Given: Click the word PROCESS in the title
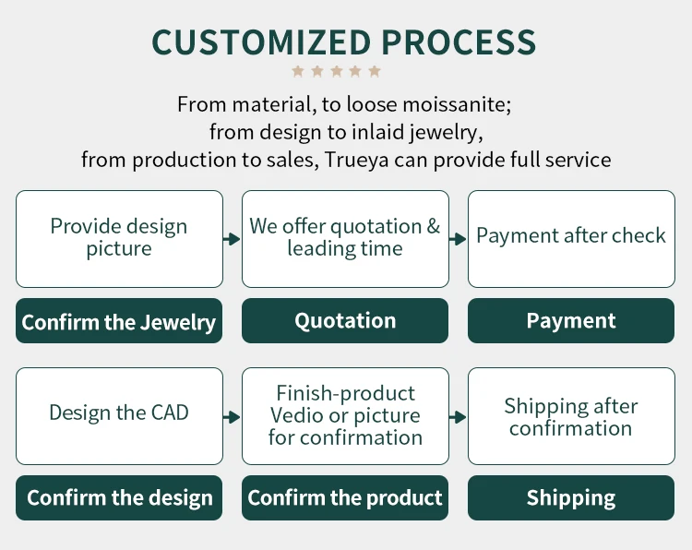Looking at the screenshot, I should (x=459, y=42).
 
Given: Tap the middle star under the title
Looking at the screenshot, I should (x=336, y=71).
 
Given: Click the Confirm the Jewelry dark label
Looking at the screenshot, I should (x=119, y=321).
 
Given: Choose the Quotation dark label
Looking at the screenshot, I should (x=345, y=321).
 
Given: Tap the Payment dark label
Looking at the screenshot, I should (x=571, y=321).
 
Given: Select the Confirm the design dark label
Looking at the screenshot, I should (x=119, y=498).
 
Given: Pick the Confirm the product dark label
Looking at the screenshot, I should (x=345, y=498).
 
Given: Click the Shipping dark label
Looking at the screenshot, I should (x=571, y=498).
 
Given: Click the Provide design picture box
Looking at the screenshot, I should (x=119, y=238).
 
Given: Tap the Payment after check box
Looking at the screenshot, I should (x=571, y=238).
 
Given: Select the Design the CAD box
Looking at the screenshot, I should (x=119, y=415).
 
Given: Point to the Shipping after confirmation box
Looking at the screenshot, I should (x=571, y=415).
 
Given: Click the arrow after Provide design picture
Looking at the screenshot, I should (x=232, y=239).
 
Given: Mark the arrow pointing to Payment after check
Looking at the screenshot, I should (x=458, y=239).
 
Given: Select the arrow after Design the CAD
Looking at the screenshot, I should (x=232, y=416).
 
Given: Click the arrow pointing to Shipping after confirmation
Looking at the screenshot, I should (x=458, y=416).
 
